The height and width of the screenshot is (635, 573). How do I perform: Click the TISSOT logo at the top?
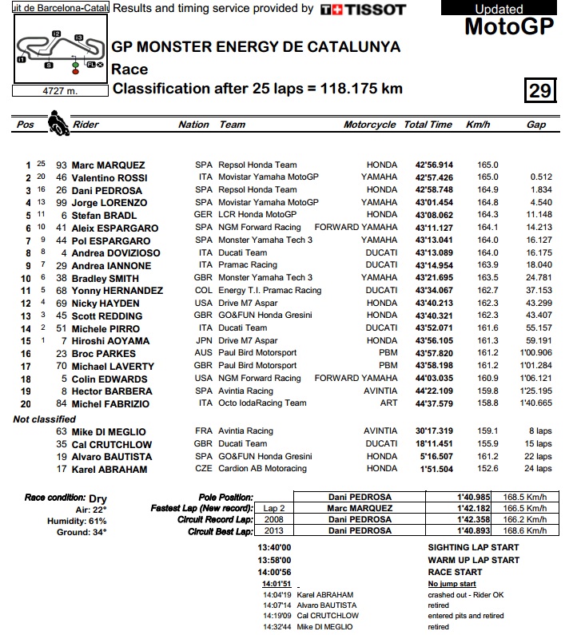pyautogui.click(x=363, y=10)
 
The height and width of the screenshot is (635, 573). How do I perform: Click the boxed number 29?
pyautogui.click(x=540, y=90)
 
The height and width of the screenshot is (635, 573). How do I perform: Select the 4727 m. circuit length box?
pyautogui.click(x=59, y=91)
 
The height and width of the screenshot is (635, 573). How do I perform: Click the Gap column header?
pyautogui.click(x=535, y=125)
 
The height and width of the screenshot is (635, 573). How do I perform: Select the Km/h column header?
pyautogui.click(x=478, y=125)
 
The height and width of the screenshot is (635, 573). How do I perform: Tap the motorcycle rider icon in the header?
pyautogui.click(x=58, y=124)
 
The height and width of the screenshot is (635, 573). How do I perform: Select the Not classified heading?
pyautogui.click(x=44, y=419)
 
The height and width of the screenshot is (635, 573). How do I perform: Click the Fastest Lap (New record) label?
pyautogui.click(x=201, y=508)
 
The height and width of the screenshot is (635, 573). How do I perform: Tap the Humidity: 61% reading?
pyautogui.click(x=78, y=520)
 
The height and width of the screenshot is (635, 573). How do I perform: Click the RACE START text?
pyautogui.click(x=456, y=572)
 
